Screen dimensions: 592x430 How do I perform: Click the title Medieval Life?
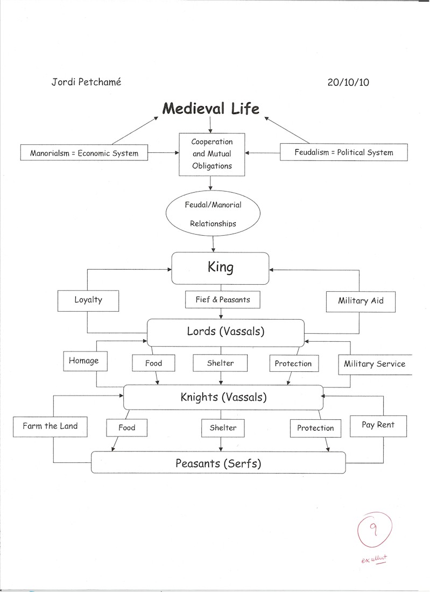(x=210, y=109)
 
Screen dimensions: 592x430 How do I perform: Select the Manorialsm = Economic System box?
(x=84, y=153)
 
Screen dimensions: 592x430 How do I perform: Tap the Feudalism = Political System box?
(x=343, y=152)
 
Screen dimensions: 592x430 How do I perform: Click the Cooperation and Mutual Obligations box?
(x=212, y=154)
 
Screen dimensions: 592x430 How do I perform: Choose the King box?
(x=220, y=268)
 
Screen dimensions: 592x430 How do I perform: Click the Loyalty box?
(x=88, y=300)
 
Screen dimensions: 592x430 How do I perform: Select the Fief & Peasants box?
(x=222, y=300)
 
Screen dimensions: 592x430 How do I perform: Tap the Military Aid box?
(x=361, y=301)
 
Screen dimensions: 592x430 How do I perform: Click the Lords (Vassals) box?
(x=225, y=332)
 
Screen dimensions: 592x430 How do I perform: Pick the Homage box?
(x=83, y=361)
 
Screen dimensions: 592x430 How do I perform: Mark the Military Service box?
(x=375, y=364)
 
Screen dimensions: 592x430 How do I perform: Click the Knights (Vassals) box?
(x=223, y=398)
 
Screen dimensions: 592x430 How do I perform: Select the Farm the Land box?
(x=50, y=426)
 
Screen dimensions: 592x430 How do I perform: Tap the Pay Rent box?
(x=378, y=425)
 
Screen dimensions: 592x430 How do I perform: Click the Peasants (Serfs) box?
(x=218, y=463)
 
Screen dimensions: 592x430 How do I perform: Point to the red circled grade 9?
(x=375, y=529)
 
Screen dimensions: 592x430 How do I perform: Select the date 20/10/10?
(x=348, y=83)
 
